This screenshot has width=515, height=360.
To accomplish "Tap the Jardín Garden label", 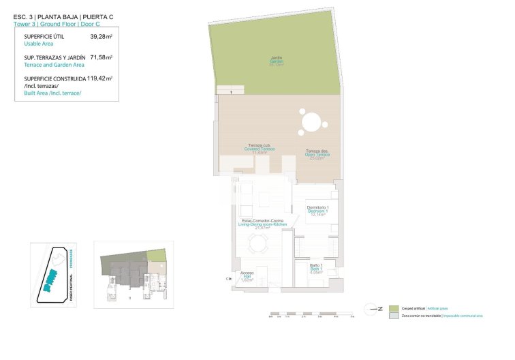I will pos(276,61).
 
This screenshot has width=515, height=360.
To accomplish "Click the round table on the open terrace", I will pos(311,122).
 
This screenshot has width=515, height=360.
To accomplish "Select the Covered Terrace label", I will pos(258,149).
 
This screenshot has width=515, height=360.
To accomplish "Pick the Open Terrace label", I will pos(317,154).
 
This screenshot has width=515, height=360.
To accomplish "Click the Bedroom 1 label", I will pos(317,211).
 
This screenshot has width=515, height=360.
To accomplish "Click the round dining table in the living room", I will pos(257,243).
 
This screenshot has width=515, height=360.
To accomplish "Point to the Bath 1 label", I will pos(315,268).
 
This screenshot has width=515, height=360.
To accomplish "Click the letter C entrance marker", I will pos(228,278).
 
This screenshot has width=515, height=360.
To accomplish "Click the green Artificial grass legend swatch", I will pos(394,308).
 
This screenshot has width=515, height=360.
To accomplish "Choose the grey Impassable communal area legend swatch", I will pos(394,316).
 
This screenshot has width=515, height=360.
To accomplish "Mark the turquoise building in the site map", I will pos(50,280).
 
